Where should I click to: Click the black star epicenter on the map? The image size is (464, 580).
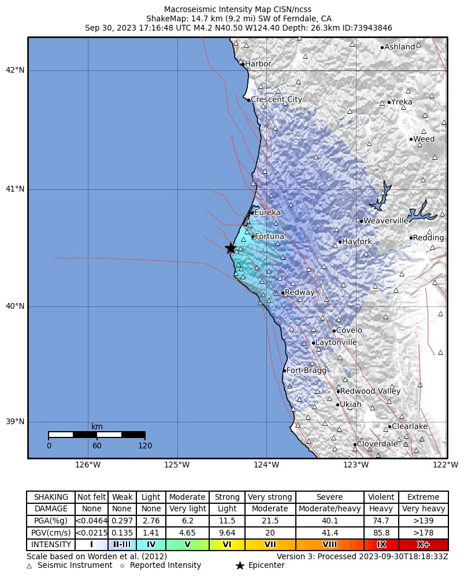231,248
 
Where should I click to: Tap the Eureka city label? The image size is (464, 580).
267,213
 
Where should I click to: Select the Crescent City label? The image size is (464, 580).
276,100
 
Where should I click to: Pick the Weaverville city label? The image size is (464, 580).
385,221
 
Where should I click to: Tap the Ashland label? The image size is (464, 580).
399,47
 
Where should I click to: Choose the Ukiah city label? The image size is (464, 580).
350,405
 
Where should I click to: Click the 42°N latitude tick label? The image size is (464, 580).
14,70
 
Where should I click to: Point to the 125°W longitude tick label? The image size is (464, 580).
177,465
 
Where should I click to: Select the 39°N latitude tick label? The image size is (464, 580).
14,422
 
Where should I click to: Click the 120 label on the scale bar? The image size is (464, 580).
144,446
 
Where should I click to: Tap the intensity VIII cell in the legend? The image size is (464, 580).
329,544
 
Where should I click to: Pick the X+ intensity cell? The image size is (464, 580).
423,544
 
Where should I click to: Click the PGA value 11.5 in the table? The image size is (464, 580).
227,521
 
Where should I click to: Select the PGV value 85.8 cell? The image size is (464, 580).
381,533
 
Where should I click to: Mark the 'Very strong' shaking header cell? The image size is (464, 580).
270,497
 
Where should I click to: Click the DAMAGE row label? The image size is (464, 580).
51,509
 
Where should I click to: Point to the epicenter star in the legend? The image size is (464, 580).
240,566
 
